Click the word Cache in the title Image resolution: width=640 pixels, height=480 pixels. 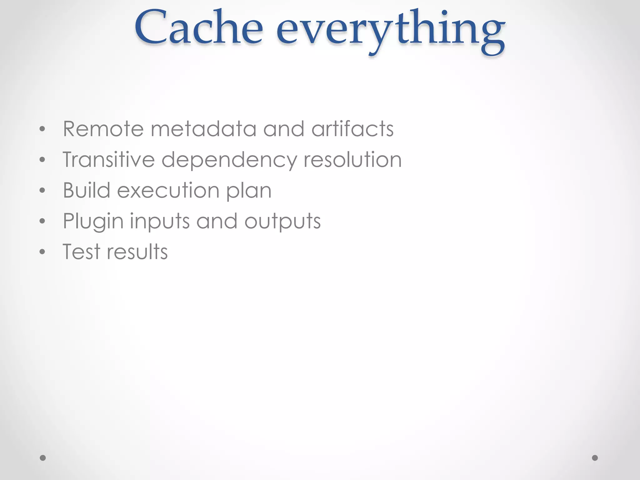199,28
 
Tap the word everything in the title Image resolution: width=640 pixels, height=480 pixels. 390,31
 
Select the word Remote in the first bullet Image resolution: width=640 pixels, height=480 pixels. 103,129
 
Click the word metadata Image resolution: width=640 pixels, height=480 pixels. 203,129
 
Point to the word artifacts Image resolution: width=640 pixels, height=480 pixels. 352,129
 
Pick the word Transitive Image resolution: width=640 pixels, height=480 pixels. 109,159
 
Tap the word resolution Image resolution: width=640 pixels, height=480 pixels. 352,159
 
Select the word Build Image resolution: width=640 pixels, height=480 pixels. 87,190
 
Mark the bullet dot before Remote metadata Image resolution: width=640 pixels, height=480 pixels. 42,129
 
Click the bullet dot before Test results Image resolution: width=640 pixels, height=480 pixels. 42,252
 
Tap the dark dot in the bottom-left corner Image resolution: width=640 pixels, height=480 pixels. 43,458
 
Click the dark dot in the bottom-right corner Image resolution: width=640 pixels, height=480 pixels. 595,458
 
